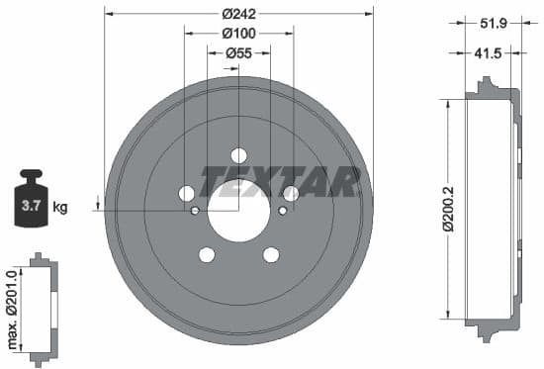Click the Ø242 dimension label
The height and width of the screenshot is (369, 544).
238,14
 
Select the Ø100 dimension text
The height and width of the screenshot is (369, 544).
238,33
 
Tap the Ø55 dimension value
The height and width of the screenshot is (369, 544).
238,51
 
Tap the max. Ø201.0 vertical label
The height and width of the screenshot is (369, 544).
12,308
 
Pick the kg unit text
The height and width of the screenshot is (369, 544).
60,208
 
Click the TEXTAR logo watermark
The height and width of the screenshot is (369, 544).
279,181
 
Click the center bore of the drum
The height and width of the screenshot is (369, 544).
238,210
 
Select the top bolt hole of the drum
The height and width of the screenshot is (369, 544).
238,155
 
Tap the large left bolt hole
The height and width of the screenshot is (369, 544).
186,194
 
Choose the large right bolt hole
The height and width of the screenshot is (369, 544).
291,194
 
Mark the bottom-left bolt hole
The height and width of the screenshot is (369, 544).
206,255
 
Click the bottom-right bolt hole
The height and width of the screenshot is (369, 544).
271,255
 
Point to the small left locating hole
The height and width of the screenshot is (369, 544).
195,211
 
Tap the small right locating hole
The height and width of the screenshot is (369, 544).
283,211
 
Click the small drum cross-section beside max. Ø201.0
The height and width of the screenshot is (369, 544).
41,307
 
